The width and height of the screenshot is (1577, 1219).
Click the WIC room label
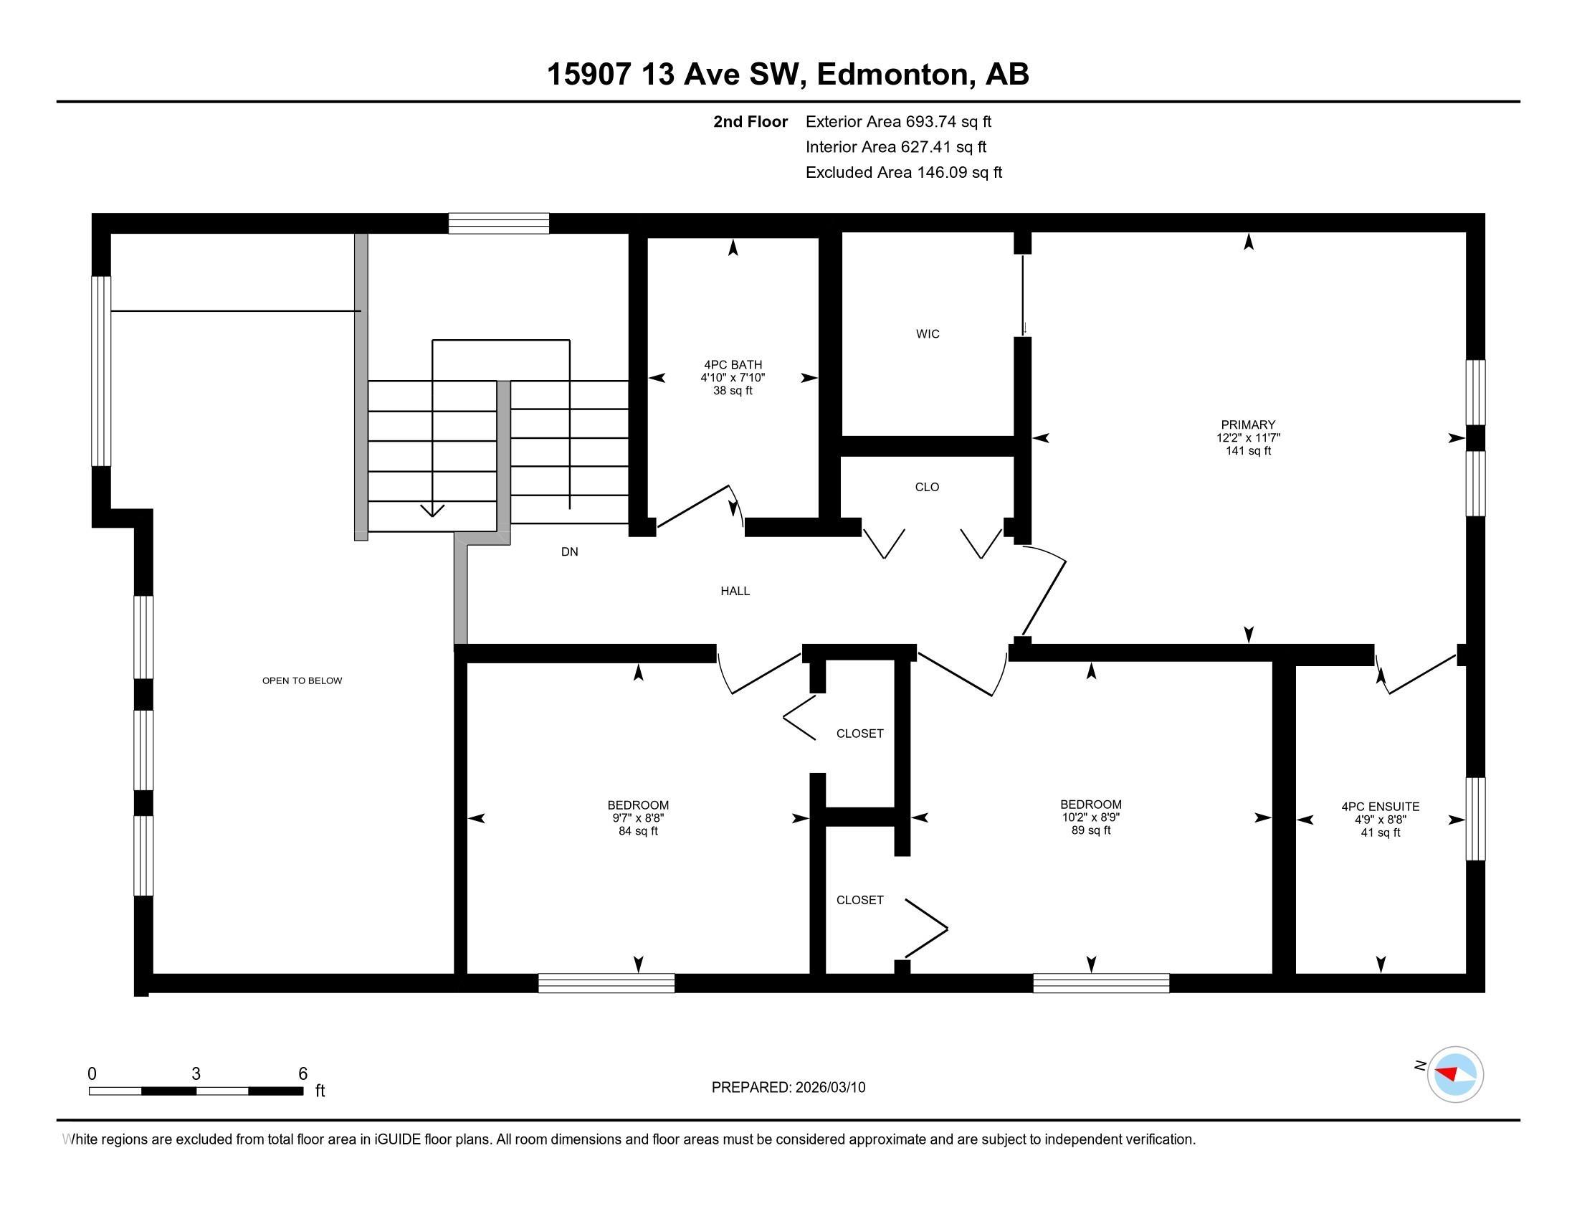[x=927, y=333]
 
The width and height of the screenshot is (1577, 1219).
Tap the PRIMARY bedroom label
[x=1248, y=424]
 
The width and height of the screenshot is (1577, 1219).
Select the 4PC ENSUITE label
[x=1380, y=807]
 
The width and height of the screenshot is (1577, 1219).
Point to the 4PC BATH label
[x=733, y=365]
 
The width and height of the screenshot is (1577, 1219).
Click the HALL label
[x=735, y=591]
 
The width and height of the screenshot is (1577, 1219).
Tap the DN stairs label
[x=570, y=551]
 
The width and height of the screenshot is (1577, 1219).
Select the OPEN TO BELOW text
[x=302, y=680]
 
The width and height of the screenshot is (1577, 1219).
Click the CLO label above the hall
[x=927, y=487]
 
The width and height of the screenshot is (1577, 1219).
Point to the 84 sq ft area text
[x=638, y=831]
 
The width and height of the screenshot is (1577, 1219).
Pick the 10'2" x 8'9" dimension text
[x=1091, y=817]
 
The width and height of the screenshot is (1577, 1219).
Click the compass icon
[x=1455, y=1075]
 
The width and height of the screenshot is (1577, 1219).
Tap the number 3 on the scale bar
[x=196, y=1074]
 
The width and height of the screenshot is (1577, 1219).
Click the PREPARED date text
[x=788, y=1088]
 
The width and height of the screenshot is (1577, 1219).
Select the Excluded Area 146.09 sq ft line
[x=904, y=173]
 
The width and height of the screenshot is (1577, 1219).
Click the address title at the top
[x=788, y=74]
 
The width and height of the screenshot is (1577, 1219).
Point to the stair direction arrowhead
[x=432, y=511]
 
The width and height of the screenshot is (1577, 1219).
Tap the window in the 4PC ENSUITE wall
[x=1475, y=819]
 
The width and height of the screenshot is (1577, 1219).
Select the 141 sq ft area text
[x=1248, y=451]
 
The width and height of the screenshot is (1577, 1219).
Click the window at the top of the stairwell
[x=499, y=223]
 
